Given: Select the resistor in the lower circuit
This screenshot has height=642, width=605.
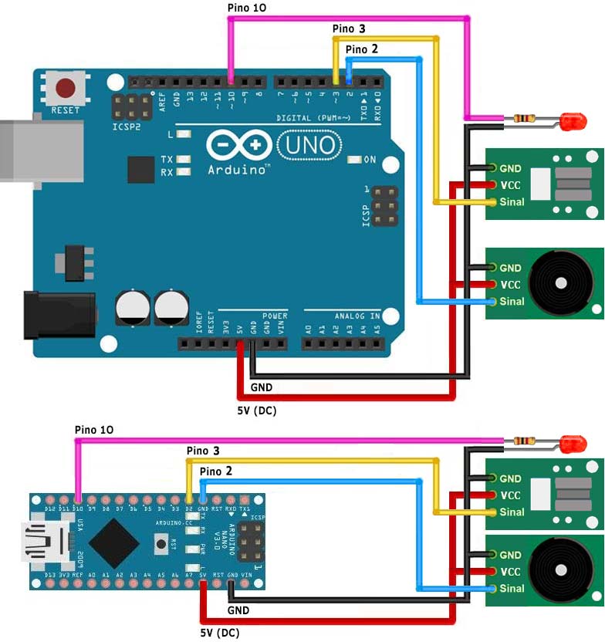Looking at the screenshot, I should click(x=526, y=441).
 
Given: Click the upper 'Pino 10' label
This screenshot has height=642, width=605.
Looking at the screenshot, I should click(x=248, y=8).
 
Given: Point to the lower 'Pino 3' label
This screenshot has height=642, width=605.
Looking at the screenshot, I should click(x=203, y=451).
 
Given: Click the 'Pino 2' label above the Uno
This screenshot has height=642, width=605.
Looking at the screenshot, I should click(x=362, y=49).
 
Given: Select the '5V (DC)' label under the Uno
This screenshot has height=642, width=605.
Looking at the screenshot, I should click(x=256, y=411).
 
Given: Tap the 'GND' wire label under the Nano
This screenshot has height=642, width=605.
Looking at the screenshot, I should click(x=238, y=610).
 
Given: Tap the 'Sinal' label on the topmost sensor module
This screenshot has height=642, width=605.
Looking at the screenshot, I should click(x=512, y=202).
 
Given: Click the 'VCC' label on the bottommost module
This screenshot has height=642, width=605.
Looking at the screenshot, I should click(x=510, y=572).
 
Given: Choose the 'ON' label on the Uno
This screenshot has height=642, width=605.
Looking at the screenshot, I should click(x=370, y=160).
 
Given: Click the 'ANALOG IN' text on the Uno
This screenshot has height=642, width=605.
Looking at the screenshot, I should click(x=357, y=316).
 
